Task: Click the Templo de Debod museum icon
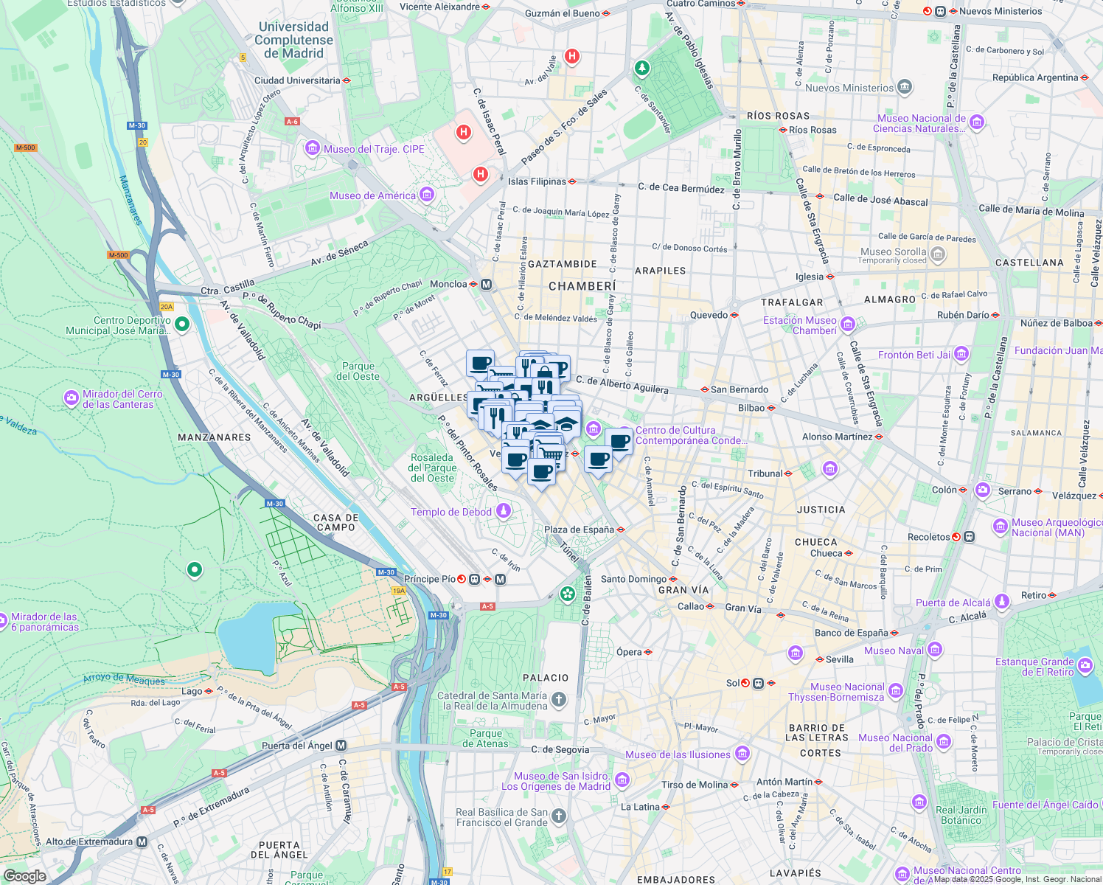click(504, 510)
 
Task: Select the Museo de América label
click(372, 195)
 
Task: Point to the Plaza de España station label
click(579, 530)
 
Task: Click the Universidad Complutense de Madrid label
click(293, 40)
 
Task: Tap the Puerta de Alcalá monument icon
click(1001, 602)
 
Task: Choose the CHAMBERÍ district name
click(582, 286)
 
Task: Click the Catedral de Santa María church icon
click(559, 699)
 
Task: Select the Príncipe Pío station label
click(430, 579)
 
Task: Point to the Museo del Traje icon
click(312, 149)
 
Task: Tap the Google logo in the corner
click(24, 875)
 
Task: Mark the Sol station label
click(732, 683)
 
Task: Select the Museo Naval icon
click(935, 649)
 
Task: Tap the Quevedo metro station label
click(709, 315)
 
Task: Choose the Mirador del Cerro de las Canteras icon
click(72, 398)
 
